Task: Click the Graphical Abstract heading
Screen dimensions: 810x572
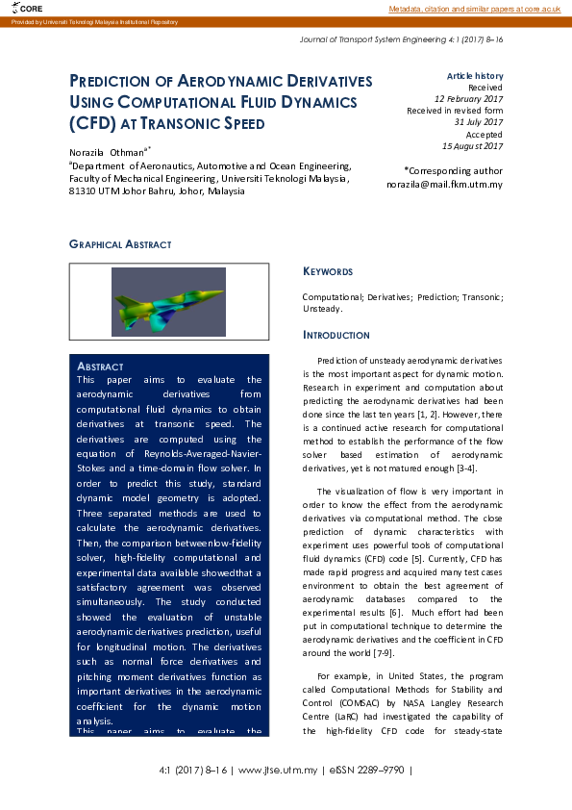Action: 120,244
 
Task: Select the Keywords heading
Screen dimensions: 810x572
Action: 328,271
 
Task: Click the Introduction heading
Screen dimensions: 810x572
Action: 336,335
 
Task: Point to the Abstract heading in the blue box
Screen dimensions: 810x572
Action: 100,367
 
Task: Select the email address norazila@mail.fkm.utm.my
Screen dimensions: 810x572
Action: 444,184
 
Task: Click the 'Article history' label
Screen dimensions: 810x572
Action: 474,76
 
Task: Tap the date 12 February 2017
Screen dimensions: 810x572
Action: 468,99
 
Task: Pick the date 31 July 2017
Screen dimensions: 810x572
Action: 478,122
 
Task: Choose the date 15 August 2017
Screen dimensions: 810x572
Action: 472,146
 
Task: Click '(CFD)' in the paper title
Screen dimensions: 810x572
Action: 92,123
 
